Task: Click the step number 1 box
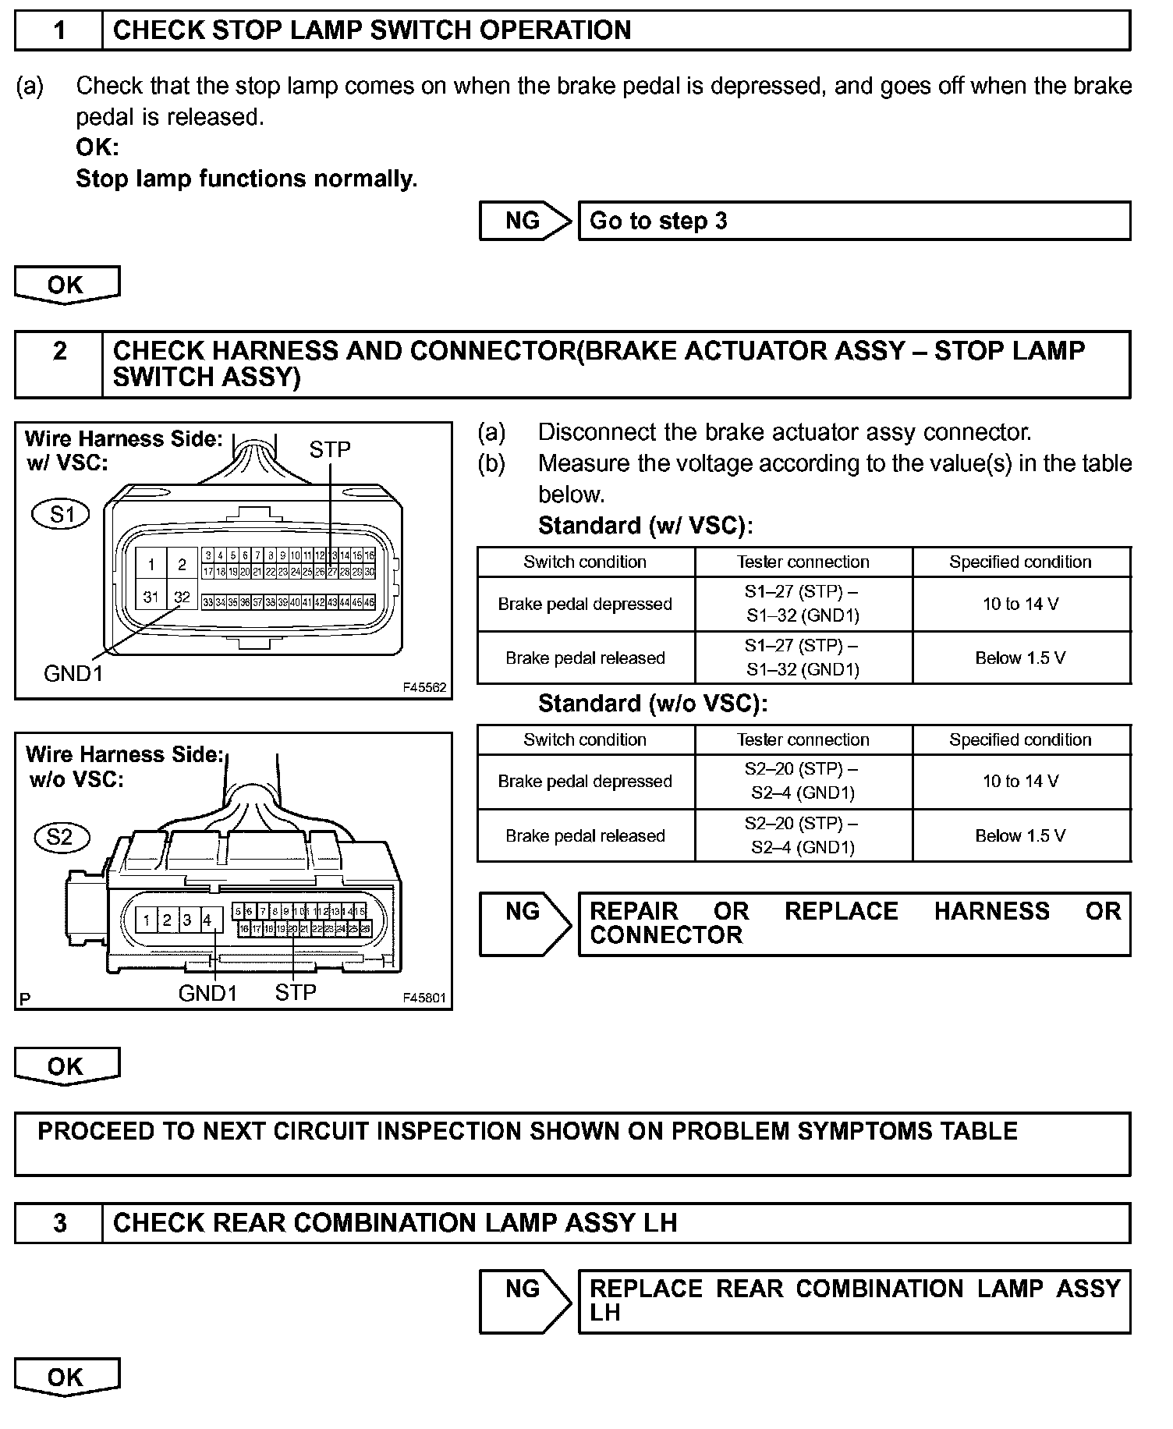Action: coord(59,31)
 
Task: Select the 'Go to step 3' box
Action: coord(853,221)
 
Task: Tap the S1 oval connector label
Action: coord(62,514)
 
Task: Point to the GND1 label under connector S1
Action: coord(73,673)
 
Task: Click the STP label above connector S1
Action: coord(330,449)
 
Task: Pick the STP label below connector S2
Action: coord(296,992)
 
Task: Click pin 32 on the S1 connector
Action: coord(182,597)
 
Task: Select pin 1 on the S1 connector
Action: coord(151,565)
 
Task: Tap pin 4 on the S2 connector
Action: coord(207,920)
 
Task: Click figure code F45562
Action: coord(424,687)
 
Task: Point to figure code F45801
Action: coord(424,998)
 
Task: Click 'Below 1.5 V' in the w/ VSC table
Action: coord(1020,658)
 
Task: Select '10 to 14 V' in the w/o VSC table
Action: coord(1020,782)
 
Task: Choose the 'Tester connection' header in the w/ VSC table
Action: coord(803,562)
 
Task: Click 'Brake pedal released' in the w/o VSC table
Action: coord(585,835)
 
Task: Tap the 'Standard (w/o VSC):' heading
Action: coord(653,704)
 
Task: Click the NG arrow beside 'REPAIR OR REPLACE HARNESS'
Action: coord(525,924)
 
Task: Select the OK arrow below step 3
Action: coord(67,1378)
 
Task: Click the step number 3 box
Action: coord(59,1223)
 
